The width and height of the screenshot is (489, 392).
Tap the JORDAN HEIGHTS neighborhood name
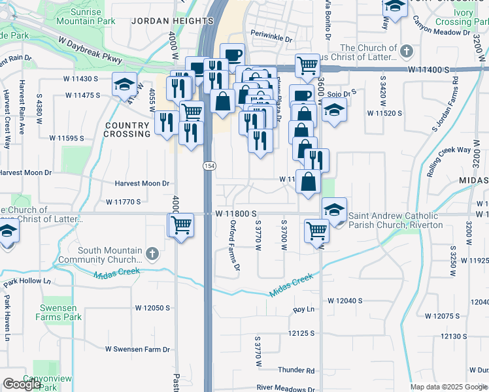click(172, 21)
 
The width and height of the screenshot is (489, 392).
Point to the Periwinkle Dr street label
click(271, 39)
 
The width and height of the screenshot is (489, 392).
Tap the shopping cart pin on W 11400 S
click(307, 65)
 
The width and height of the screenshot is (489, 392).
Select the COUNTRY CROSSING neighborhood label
click(127, 129)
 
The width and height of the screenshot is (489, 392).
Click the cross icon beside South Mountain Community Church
click(152, 253)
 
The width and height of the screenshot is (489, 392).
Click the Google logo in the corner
click(22, 384)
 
